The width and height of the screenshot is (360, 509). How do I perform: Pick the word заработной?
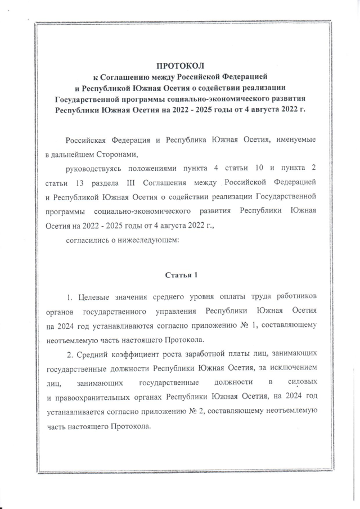213,354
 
